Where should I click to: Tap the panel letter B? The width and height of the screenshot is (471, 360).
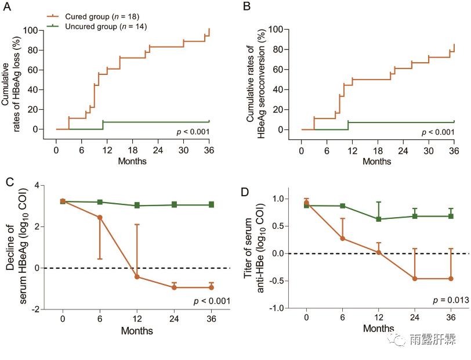pyautogui.click(x=247, y=8)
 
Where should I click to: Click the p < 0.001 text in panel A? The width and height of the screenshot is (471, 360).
pyautogui.click(x=193, y=132)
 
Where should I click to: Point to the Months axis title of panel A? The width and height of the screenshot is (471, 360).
pyautogui.click(x=132, y=161)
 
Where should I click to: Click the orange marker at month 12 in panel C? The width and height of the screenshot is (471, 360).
pyautogui.click(x=137, y=276)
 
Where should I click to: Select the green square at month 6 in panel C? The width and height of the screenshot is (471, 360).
pyautogui.click(x=100, y=202)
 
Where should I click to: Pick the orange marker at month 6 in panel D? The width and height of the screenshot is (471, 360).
pyautogui.click(x=343, y=238)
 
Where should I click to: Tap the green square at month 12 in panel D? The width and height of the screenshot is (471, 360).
pyautogui.click(x=379, y=219)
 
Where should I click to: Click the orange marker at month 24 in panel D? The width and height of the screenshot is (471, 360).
pyautogui.click(x=415, y=279)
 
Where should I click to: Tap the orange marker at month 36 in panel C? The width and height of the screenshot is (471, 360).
pyautogui.click(x=211, y=287)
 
